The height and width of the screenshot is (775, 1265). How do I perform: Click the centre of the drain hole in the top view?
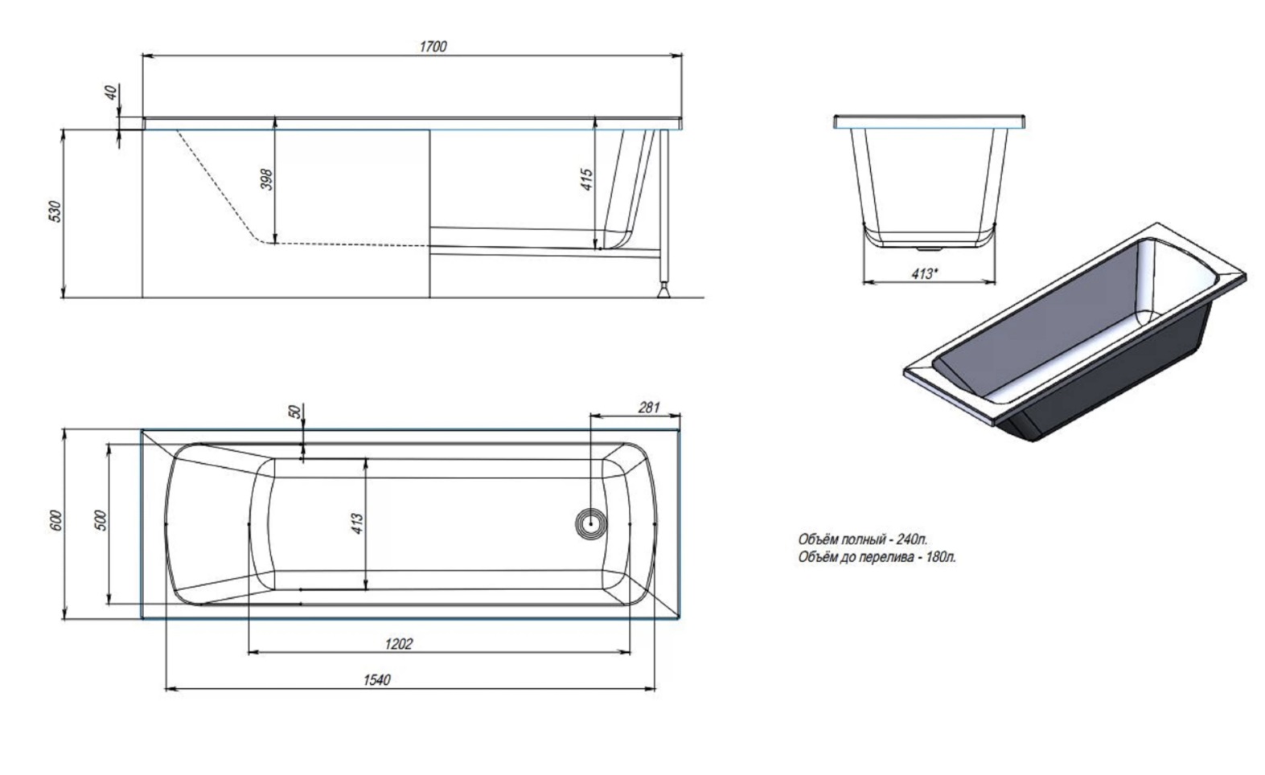591,523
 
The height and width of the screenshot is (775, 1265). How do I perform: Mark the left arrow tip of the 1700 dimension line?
142,56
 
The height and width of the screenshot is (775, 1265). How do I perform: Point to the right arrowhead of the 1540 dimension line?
655,689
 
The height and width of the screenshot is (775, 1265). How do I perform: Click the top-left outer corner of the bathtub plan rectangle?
142,430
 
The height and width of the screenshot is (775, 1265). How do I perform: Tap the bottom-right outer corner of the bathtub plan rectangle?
680,619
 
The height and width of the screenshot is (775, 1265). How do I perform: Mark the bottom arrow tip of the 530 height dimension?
64,297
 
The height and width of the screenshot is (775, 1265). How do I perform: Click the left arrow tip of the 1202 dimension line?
249,652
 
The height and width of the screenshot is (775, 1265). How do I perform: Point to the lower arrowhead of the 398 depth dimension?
275,244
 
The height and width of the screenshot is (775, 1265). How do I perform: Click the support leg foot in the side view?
664,291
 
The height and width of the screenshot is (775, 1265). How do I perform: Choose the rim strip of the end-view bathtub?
929,121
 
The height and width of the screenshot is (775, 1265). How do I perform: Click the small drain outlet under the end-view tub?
928,249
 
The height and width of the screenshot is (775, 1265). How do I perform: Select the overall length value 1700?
433,47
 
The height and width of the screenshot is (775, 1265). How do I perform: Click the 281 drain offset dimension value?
649,407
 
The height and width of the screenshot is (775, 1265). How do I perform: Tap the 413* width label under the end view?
925,274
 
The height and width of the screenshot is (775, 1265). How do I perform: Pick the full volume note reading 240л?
863,539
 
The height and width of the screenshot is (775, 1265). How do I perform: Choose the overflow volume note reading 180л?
877,557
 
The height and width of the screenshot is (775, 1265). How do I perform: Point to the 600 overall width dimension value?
55,520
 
